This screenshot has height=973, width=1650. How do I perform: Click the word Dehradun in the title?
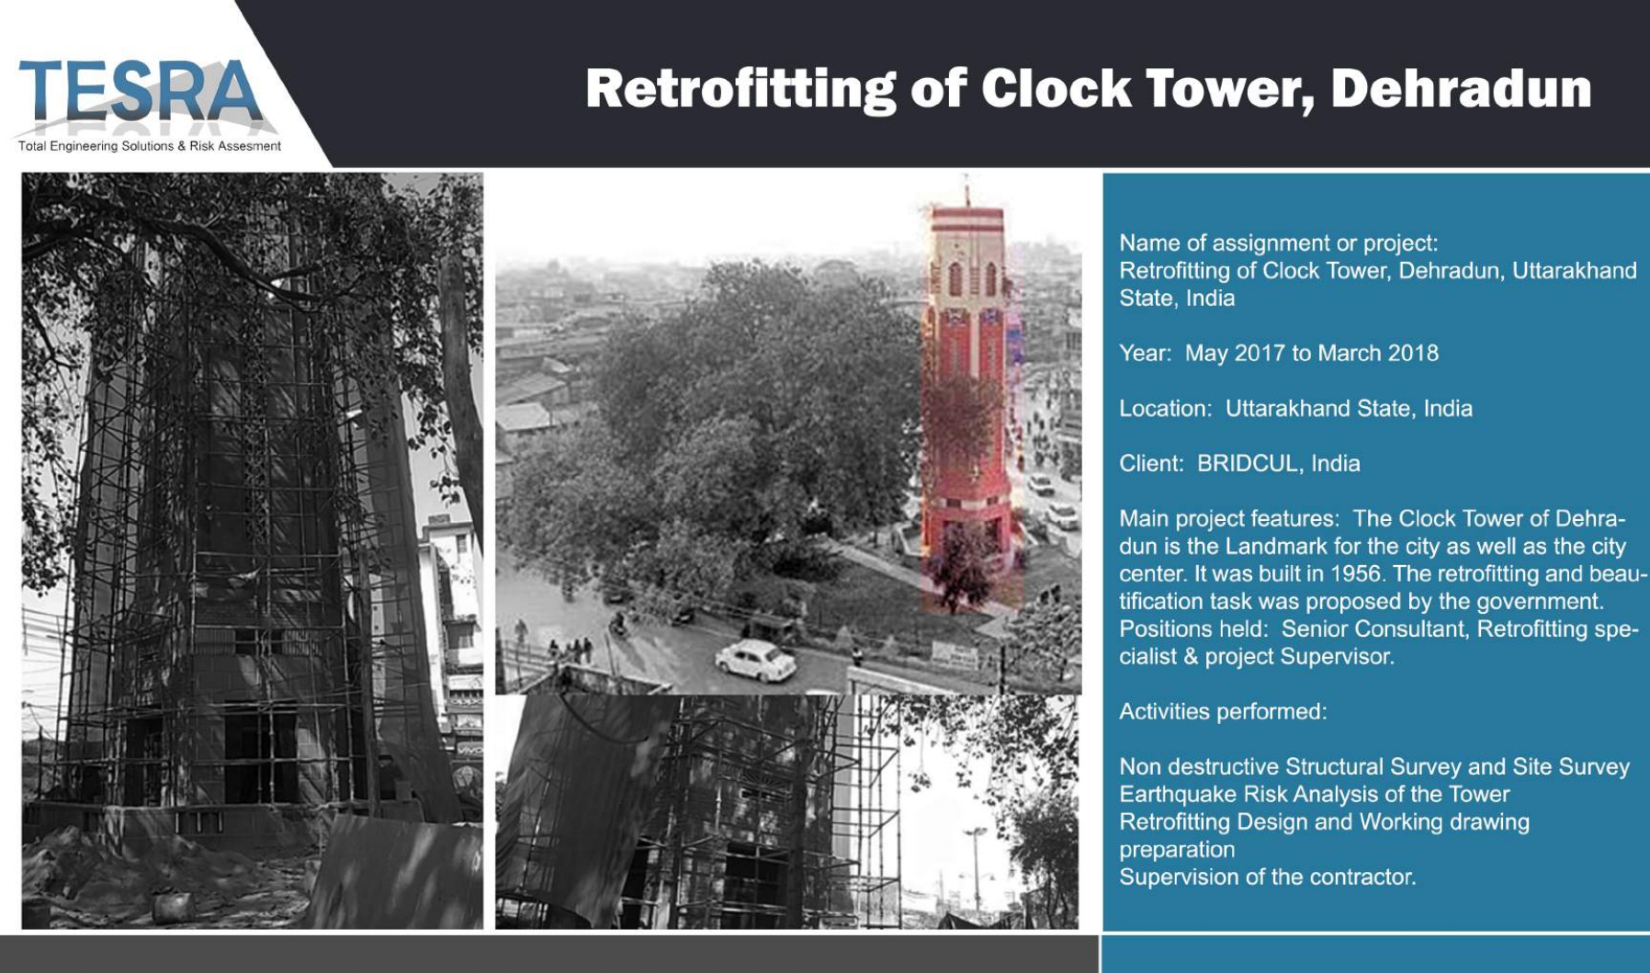click(x=1461, y=89)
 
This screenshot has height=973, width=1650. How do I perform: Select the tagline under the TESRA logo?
click(x=150, y=146)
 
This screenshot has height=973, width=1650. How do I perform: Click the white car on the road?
click(x=755, y=660)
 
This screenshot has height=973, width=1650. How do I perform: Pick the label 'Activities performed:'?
click(x=1223, y=712)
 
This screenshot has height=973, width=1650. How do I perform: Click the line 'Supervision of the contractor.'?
click(x=1268, y=877)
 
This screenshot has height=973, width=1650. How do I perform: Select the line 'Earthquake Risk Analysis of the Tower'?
click(x=1314, y=795)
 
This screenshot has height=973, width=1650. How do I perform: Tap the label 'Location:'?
click(x=1166, y=409)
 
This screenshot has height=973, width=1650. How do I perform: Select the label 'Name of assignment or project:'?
click(x=1279, y=243)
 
